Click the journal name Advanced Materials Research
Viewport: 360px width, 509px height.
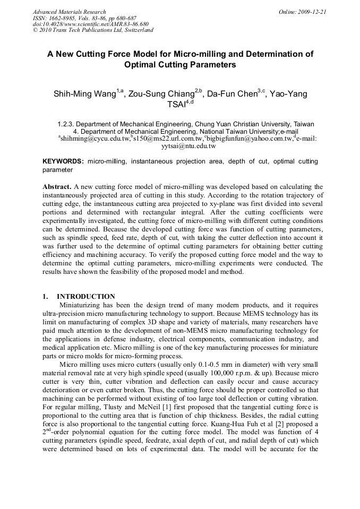69,12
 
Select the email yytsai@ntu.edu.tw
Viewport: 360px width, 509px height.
180,145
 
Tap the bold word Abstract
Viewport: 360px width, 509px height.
56,187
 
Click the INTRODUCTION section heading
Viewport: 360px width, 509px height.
85,297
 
